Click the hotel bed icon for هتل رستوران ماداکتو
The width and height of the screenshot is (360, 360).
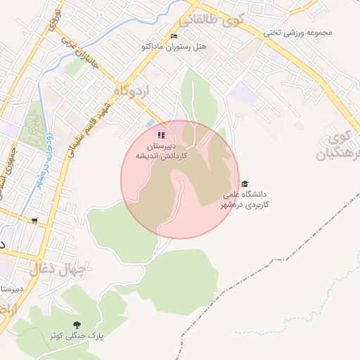(x=174, y=36)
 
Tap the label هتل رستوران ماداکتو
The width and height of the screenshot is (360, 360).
(x=174, y=46)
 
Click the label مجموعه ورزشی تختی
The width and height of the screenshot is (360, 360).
(x=297, y=32)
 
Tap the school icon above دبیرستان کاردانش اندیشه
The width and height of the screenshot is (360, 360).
(x=161, y=135)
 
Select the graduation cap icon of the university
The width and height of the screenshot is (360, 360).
(x=245, y=184)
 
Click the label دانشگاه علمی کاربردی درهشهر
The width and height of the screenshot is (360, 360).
(x=246, y=199)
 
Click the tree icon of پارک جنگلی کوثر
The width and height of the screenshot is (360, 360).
(x=77, y=325)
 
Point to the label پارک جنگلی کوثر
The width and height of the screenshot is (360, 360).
(x=77, y=336)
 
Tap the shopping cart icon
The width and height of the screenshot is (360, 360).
(x=34, y=221)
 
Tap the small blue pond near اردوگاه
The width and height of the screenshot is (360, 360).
(x=150, y=124)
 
